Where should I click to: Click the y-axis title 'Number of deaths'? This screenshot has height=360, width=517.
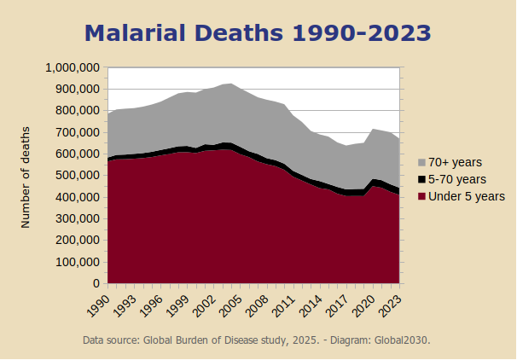26,177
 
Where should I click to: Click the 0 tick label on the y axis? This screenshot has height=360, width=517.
97,283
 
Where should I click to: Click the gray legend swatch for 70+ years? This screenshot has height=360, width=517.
421,162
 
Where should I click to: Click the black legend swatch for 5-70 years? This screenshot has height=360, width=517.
421,179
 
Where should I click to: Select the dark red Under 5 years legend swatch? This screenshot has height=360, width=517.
421,196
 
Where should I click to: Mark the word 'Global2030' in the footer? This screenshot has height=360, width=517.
402,340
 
